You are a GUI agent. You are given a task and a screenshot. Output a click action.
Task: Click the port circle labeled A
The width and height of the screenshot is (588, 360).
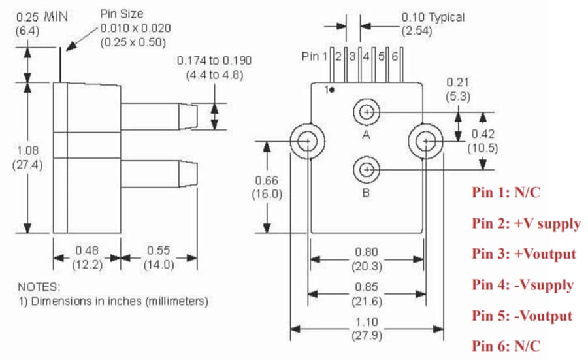coord(367,112)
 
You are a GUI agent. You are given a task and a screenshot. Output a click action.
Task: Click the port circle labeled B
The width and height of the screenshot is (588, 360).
coord(367,171)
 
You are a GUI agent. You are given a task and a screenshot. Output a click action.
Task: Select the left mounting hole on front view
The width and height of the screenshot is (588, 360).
coord(306,140)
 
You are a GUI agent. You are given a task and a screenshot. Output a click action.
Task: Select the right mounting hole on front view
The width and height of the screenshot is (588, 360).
coord(426,140)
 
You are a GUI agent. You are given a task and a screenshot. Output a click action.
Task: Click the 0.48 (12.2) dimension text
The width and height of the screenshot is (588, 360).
coord(87,257)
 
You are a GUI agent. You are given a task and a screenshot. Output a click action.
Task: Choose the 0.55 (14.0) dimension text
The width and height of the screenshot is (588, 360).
coord(159,257)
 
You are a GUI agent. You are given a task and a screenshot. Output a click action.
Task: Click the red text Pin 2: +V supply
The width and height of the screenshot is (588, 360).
coord(526,223)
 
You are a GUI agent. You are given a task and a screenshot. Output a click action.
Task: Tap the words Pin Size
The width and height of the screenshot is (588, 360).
coord(121,13)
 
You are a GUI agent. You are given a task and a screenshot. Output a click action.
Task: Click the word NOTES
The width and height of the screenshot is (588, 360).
coord(39,287)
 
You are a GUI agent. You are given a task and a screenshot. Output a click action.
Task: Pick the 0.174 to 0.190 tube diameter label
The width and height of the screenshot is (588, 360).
coord(214,67)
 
